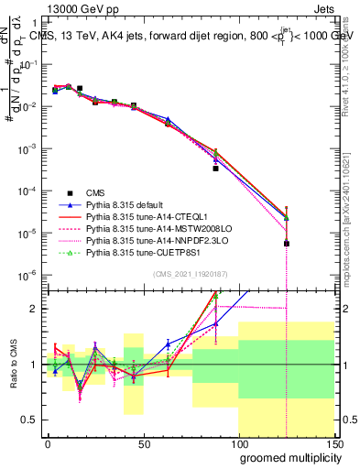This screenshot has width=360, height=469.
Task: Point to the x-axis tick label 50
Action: tap(143, 442)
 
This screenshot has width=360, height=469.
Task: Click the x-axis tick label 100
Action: tap(239, 442)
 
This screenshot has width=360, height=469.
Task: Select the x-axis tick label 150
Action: tap(334, 442)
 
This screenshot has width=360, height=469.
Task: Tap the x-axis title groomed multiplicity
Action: tap(286, 457)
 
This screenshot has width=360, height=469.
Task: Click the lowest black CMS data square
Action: tap(287, 244)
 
